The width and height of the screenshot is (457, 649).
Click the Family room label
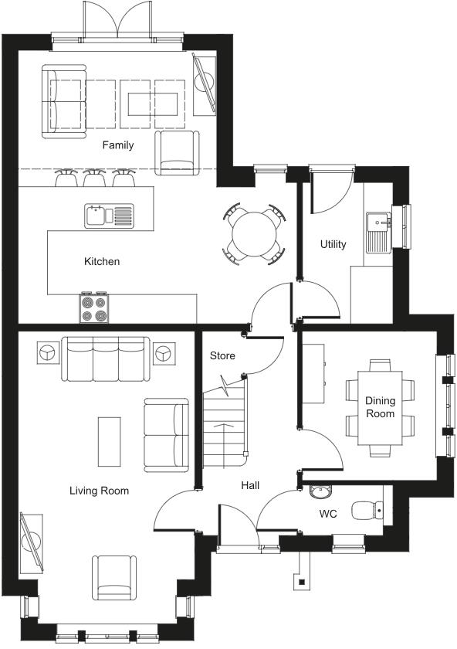click(x=118, y=145)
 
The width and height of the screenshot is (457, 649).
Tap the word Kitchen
click(x=102, y=262)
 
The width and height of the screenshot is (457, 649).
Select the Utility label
click(x=333, y=244)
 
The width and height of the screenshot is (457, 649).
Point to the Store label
click(x=222, y=356)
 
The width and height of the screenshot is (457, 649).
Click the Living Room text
click(x=99, y=491)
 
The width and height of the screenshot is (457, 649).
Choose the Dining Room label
click(x=380, y=407)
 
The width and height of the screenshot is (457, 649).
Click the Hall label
click(x=249, y=486)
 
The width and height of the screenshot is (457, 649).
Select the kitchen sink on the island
click(x=109, y=214)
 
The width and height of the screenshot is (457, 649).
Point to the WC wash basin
click(x=321, y=491)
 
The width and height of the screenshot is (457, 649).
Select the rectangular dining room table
click(x=380, y=407)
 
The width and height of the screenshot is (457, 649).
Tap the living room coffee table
click(x=109, y=441)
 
